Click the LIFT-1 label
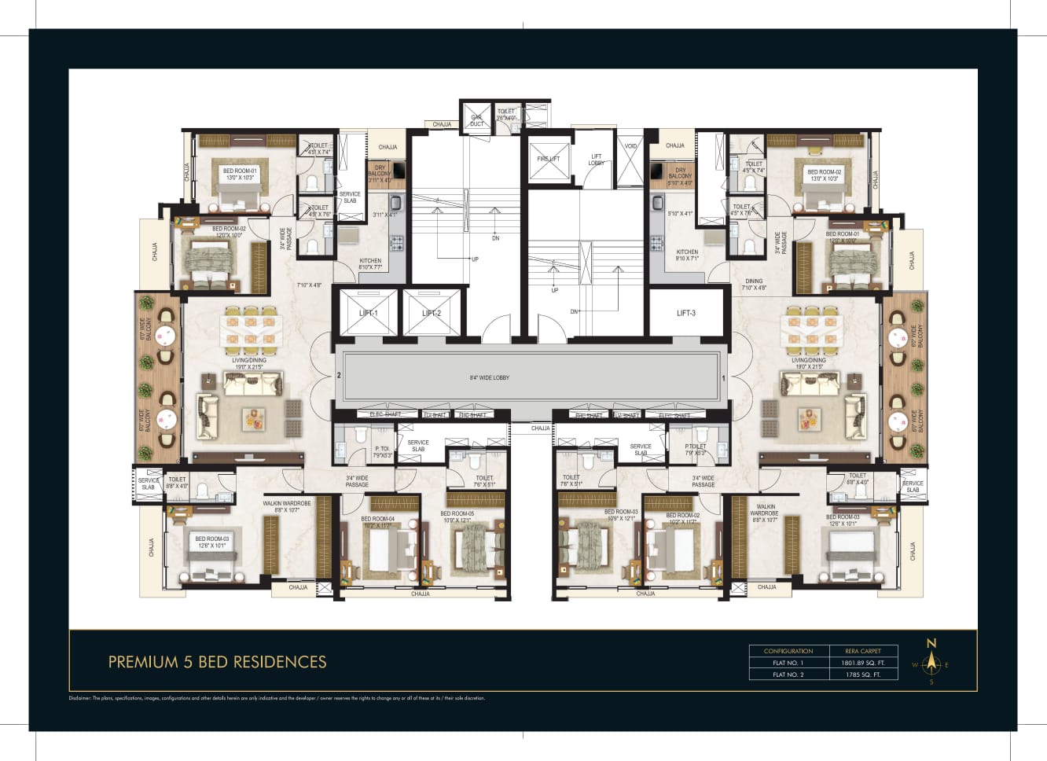point(368,313)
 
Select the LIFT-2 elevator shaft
point(431,313)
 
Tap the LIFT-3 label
point(685,313)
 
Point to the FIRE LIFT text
point(549,159)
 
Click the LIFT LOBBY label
point(597,160)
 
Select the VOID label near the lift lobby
point(630,146)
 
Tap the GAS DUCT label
point(476,120)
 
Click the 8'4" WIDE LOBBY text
point(490,377)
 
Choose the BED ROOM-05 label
point(457,517)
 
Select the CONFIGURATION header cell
point(788,651)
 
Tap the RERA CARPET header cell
point(862,651)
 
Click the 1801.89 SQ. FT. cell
point(862,663)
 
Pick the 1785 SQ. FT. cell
point(862,675)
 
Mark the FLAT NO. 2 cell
point(788,675)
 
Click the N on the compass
point(931,643)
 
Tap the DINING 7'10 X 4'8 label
point(754,284)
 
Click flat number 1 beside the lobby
point(723,377)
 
